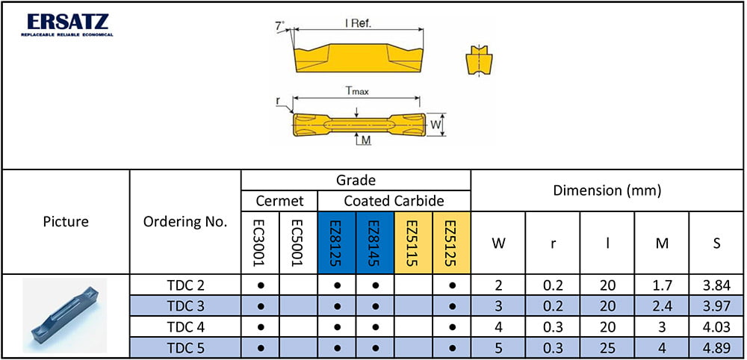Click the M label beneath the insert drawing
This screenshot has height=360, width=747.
(366, 140)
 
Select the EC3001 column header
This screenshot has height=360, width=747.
(260, 242)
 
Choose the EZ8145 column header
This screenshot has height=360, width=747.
(375, 242)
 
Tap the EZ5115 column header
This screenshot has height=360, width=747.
(413, 242)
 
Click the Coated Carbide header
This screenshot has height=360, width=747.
(394, 201)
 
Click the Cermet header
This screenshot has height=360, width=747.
(279, 201)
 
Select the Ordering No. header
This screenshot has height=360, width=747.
(185, 222)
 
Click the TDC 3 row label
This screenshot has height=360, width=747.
(185, 306)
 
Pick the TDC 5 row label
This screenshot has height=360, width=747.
(185, 347)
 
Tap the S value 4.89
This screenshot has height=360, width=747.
(716, 347)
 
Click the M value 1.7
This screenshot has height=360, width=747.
(661, 285)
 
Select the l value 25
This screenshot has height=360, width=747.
(607, 347)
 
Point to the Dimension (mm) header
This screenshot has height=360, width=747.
(607, 190)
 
